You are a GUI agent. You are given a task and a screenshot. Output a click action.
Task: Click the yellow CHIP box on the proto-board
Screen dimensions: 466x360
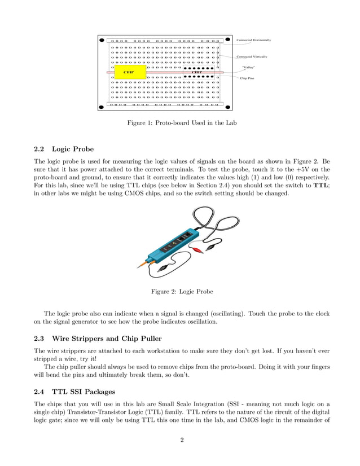point(130,72)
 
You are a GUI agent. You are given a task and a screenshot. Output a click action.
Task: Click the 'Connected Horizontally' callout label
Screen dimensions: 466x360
point(253,41)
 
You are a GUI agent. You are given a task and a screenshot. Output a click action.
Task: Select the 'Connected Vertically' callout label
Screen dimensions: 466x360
point(252,57)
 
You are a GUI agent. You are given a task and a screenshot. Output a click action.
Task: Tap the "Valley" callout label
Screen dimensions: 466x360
point(248,68)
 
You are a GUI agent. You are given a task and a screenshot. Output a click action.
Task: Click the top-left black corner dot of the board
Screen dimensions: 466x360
point(102,40)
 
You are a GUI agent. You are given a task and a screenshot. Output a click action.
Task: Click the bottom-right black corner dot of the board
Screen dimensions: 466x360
point(227,104)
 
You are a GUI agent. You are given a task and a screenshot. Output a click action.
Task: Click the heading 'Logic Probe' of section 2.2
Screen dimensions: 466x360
point(73,150)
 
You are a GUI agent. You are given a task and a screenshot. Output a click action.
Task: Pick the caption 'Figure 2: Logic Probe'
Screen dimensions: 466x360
point(182,292)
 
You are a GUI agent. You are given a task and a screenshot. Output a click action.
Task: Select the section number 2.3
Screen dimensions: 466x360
point(40,338)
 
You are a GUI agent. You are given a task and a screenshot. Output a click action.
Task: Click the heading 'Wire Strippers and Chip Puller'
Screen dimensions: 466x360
point(107,338)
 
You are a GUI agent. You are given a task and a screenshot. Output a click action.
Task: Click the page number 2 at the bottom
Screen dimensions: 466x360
point(182,441)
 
